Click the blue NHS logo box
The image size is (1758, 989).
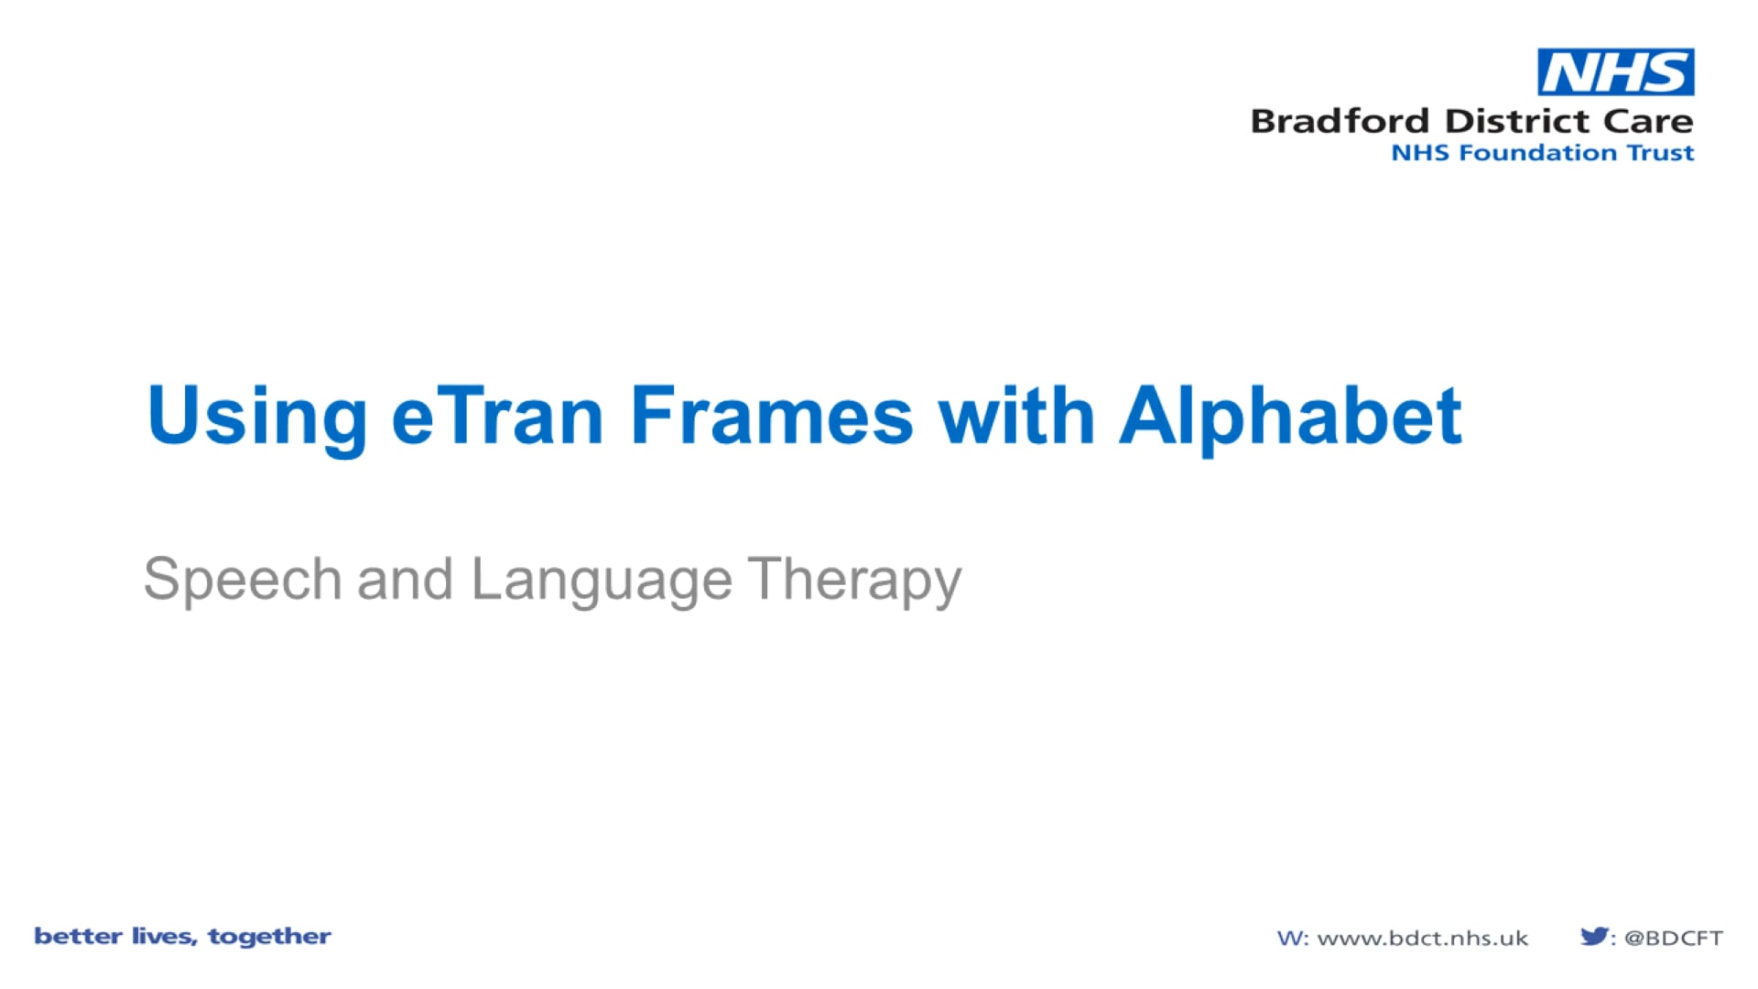pyautogui.click(x=1615, y=72)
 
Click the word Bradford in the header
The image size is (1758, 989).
pyautogui.click(x=1340, y=121)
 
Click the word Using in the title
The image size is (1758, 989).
pyautogui.click(x=256, y=417)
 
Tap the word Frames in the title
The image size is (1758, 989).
pyautogui.click(x=771, y=417)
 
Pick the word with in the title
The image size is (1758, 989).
pyautogui.click(x=1016, y=417)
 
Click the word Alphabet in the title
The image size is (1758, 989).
pyautogui.click(x=1290, y=417)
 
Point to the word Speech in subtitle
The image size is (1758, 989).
pyautogui.click(x=243, y=580)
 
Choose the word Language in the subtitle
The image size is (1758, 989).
pyautogui.click(x=602, y=580)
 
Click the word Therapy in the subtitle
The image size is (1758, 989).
pyautogui.click(x=854, y=580)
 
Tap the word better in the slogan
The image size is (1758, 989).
pyautogui.click(x=78, y=936)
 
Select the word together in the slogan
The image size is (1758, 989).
pyautogui.click(x=269, y=937)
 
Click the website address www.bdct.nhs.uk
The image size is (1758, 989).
pyautogui.click(x=1422, y=938)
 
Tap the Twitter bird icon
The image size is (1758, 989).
pyautogui.click(x=1593, y=936)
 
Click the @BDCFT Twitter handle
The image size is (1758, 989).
pyautogui.click(x=1673, y=938)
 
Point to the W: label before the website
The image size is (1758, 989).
pyautogui.click(x=1292, y=938)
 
